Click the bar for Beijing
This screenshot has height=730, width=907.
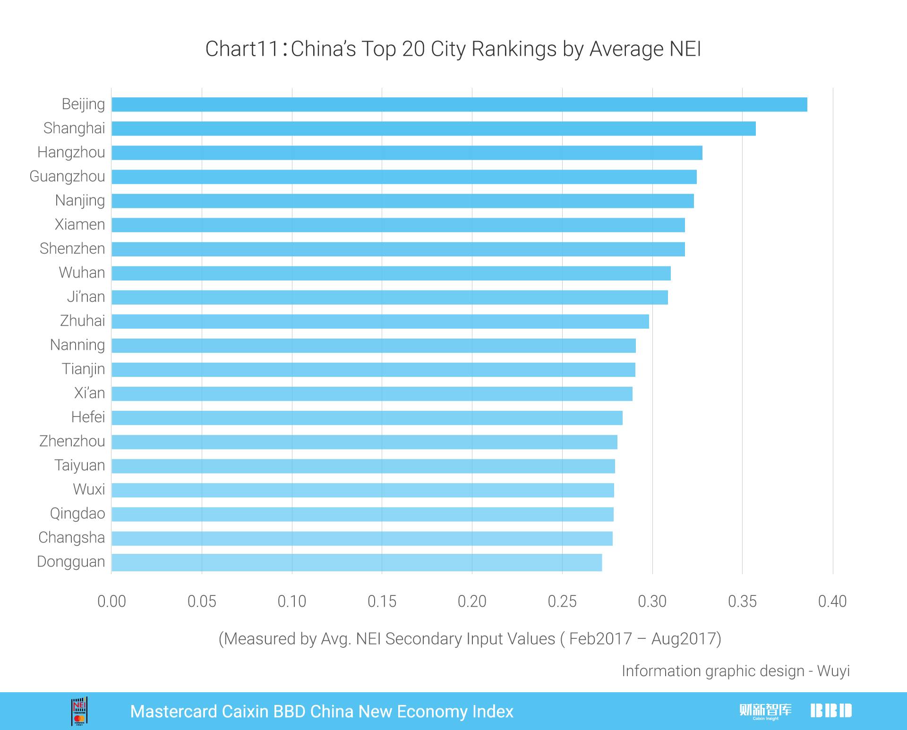pos(459,104)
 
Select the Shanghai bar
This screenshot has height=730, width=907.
pos(434,128)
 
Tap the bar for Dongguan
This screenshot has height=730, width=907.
pos(357,562)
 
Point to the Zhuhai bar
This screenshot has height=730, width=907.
pos(380,322)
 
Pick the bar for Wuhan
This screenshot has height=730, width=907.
pos(391,273)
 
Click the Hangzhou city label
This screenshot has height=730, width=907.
pos(71,153)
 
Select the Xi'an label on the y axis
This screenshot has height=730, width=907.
pos(89,393)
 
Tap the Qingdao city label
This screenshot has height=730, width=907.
pos(77,514)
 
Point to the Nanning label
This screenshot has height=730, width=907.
pos(77,345)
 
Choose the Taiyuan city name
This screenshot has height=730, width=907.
pos(79,466)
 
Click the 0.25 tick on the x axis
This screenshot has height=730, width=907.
pos(562,602)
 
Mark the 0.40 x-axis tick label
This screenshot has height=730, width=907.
pos(832,602)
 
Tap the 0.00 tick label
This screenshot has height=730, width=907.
pos(111,602)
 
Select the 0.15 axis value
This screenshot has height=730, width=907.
pos(382,602)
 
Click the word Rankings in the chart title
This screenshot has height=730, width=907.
pos(514,50)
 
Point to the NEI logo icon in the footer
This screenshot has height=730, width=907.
pos(79,711)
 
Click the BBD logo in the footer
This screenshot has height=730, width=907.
pos(831,711)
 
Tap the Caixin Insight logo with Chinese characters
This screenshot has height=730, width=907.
pos(765,711)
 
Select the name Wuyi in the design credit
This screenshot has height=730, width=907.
pos(833,671)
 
